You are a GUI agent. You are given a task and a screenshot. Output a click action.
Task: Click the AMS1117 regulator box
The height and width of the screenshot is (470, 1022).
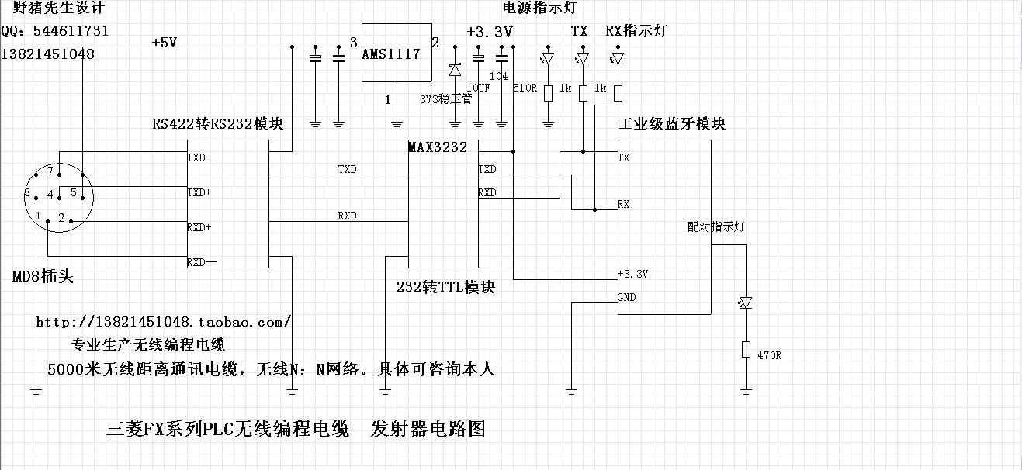(396, 53)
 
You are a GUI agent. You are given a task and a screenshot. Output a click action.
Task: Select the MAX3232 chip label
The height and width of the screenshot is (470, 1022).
(438, 147)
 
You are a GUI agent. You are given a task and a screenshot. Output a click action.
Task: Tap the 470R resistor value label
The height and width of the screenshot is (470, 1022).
(768, 355)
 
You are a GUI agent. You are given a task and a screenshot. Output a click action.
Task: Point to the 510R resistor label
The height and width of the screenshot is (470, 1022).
(525, 88)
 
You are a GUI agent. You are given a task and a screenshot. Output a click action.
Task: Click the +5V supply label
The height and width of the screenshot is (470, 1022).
(165, 42)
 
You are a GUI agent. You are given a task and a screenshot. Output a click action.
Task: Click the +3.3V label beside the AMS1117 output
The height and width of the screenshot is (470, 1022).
(489, 32)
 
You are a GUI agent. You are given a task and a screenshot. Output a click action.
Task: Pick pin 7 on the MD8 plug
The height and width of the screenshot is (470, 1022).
(50, 171)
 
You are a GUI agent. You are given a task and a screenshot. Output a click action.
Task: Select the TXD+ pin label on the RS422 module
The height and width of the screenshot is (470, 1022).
(199, 192)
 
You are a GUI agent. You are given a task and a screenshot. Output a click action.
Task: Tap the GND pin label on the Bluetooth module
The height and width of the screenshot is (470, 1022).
(627, 297)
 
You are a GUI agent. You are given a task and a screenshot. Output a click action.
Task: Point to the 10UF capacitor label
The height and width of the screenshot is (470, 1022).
(478, 88)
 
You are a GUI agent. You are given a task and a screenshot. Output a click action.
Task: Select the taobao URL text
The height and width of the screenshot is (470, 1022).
(164, 321)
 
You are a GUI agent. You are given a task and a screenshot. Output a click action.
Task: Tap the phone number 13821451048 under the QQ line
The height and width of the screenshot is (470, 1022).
(48, 54)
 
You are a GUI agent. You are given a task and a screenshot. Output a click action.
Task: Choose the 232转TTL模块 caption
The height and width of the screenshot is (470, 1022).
(445, 287)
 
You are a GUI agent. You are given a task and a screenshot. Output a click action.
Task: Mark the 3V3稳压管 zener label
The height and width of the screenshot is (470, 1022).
(445, 100)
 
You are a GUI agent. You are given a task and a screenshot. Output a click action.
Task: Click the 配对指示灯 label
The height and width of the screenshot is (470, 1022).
(716, 227)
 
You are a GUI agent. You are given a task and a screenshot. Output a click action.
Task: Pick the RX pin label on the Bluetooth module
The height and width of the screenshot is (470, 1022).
(624, 204)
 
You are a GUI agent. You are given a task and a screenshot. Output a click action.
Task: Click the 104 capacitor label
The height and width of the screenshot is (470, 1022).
(499, 76)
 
